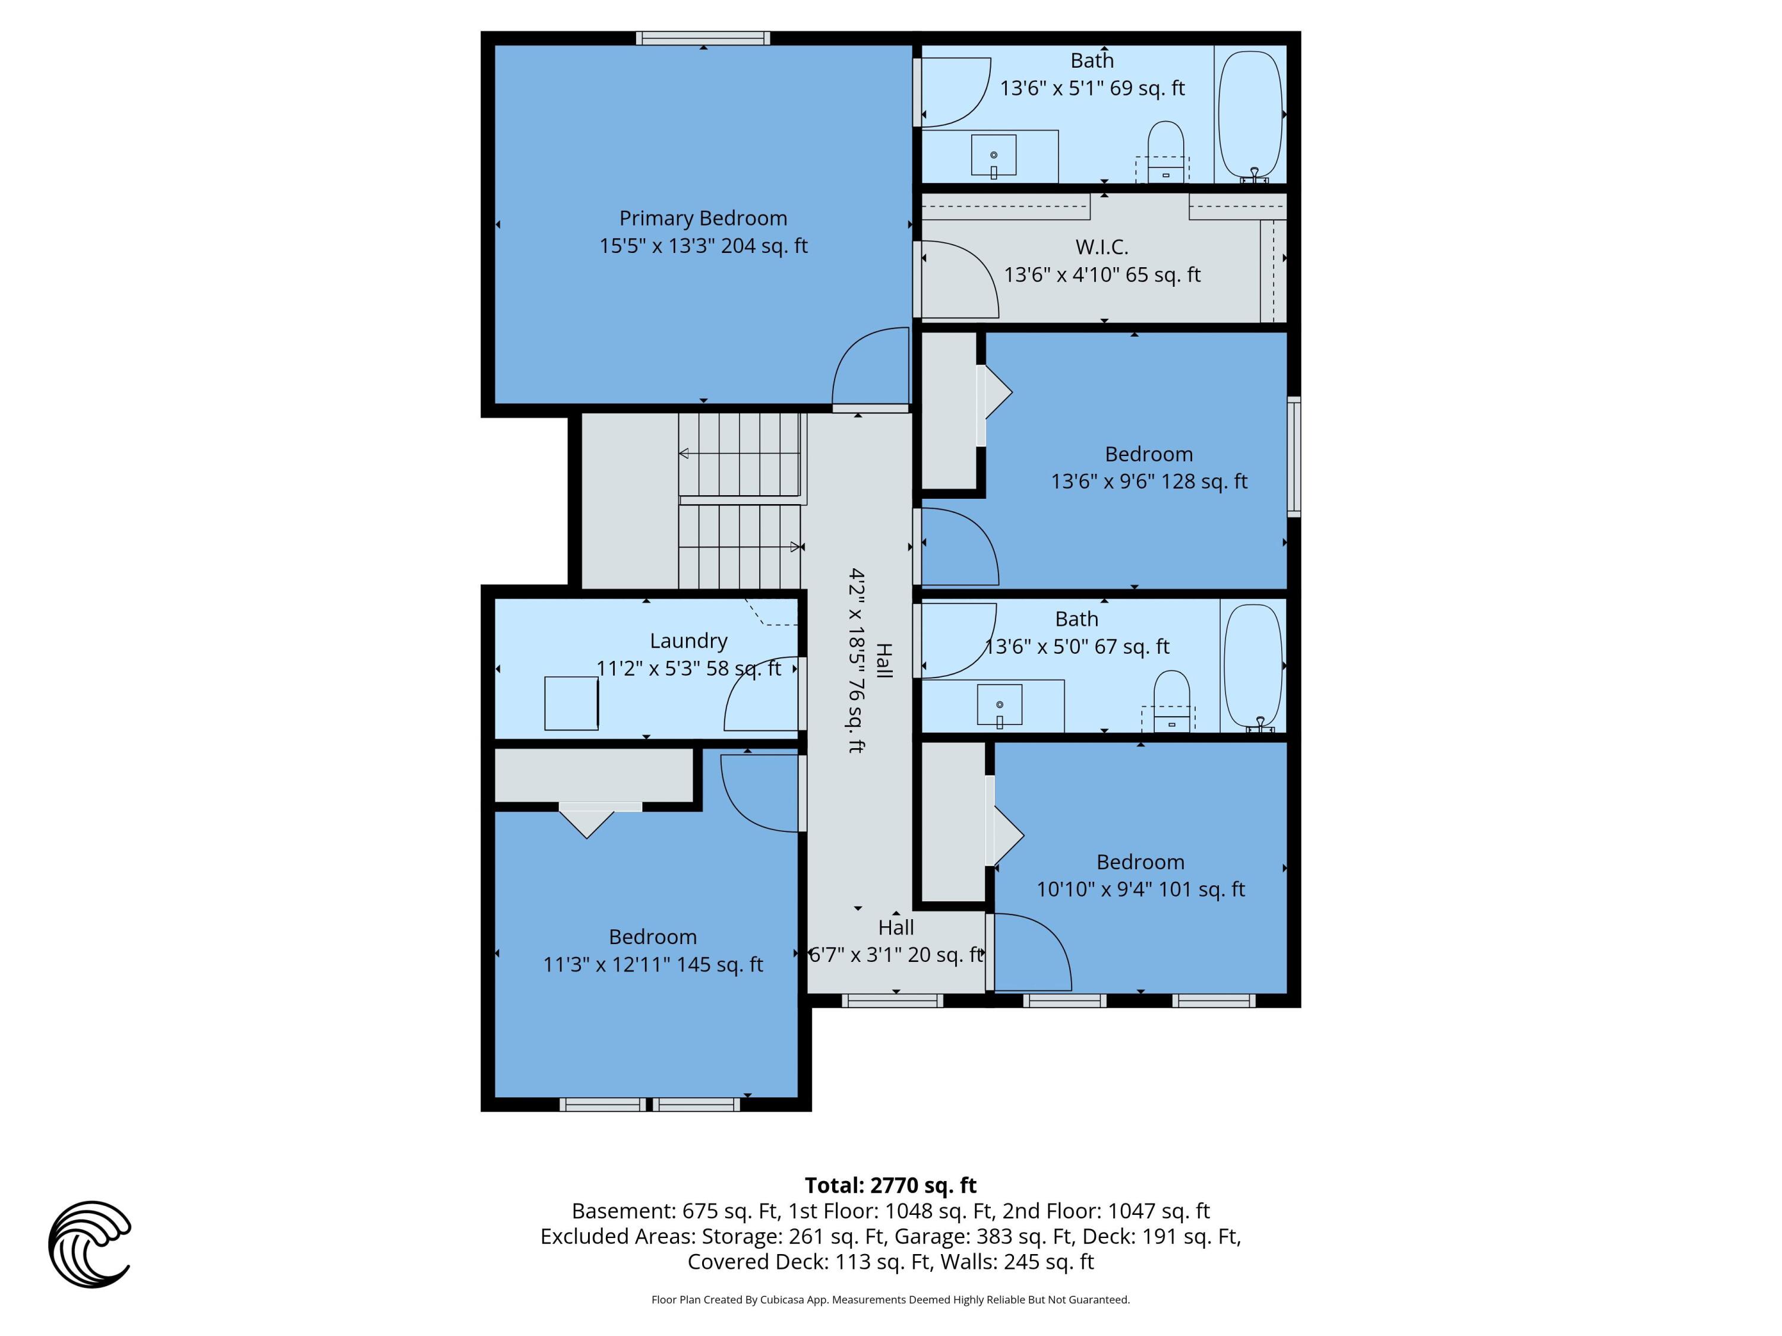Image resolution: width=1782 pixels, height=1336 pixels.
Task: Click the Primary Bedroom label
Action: pyautogui.click(x=703, y=219)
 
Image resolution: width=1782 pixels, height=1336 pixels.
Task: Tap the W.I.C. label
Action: pyautogui.click(x=1101, y=247)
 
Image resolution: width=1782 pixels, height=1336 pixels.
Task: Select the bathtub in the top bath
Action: pyautogui.click(x=1250, y=115)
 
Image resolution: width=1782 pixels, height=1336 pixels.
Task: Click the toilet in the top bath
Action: pyautogui.click(x=1165, y=151)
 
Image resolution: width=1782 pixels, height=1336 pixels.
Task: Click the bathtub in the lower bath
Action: pyautogui.click(x=1252, y=665)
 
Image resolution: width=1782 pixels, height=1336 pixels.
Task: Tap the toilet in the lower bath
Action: pyautogui.click(x=1171, y=701)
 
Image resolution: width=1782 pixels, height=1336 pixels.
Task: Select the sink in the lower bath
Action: pyautogui.click(x=999, y=705)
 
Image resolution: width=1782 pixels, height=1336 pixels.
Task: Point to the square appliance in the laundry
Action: pyautogui.click(x=571, y=703)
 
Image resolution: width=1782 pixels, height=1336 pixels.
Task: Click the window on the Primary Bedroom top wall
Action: pyautogui.click(x=703, y=38)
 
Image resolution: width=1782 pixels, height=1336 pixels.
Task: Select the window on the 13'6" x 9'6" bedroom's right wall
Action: pyautogui.click(x=1293, y=456)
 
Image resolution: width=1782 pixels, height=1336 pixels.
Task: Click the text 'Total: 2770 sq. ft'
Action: pyautogui.click(x=890, y=1185)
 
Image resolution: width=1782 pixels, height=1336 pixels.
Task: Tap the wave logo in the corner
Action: pyautogui.click(x=90, y=1244)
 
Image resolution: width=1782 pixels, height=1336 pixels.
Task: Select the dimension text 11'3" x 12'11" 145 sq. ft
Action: pyautogui.click(x=653, y=964)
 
